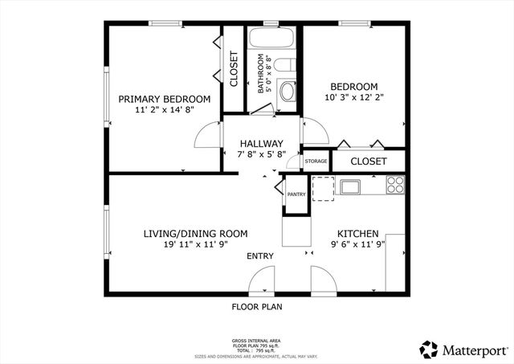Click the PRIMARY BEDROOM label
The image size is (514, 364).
[165, 99]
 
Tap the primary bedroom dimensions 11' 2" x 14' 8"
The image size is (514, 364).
[165, 110]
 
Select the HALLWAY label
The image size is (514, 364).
[260, 144]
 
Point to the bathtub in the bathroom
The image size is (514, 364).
[273, 39]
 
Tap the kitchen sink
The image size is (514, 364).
[349, 188]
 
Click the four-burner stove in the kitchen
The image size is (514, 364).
[394, 186]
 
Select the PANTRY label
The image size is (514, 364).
[296, 194]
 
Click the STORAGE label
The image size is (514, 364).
[316, 162]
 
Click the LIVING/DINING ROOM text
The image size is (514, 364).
[195, 234]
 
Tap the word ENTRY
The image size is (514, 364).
[260, 256]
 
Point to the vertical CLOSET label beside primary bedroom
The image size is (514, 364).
[234, 69]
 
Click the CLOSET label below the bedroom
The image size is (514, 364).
[369, 162]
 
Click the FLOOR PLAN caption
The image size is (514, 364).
[257, 306]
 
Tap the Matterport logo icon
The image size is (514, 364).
[429, 349]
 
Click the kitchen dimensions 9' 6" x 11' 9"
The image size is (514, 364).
[357, 244]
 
